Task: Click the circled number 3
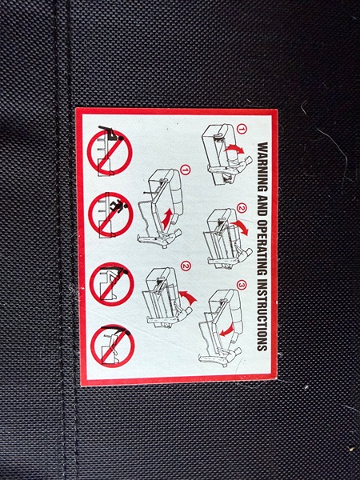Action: point(242,285)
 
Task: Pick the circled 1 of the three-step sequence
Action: point(242,129)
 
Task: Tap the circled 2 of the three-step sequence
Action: point(242,209)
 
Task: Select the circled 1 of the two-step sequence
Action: point(186,170)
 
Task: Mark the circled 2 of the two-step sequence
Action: point(186,266)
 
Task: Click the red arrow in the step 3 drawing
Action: point(227,330)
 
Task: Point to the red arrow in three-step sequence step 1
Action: point(234,149)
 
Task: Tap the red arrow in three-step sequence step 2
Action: point(240,227)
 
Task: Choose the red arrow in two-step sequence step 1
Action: point(167,218)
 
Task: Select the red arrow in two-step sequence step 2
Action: point(188,297)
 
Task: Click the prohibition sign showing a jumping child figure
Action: point(110,214)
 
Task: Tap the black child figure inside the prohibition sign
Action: point(119,206)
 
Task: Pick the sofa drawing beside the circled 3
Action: point(221,327)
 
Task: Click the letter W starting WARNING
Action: point(262,146)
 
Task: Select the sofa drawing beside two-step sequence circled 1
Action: point(160,208)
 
